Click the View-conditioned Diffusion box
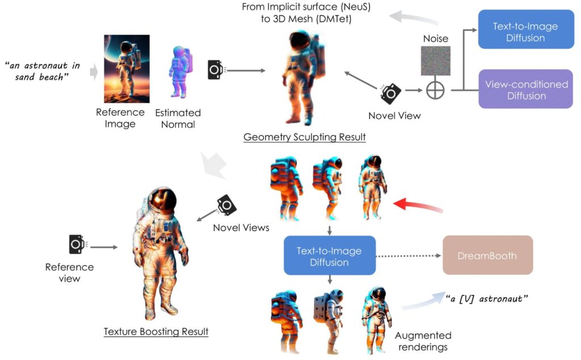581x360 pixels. pyautogui.click(x=526, y=89)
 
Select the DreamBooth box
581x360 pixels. pyautogui.click(x=487, y=255)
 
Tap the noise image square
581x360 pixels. pyautogui.click(x=435, y=61)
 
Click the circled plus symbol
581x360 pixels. pyautogui.click(x=435, y=90)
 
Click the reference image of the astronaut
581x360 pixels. pyautogui.click(x=127, y=69)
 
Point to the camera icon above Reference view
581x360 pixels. pyautogui.click(x=77, y=244)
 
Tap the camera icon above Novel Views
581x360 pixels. pyautogui.click(x=226, y=205)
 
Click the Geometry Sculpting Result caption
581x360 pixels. pyautogui.click(x=304, y=137)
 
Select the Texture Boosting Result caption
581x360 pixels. pyautogui.click(x=156, y=331)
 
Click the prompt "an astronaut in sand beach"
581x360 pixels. pyautogui.click(x=43, y=70)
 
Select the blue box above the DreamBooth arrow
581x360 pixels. pyautogui.click(x=329, y=256)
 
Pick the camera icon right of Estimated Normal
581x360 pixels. pyautogui.click(x=215, y=70)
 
